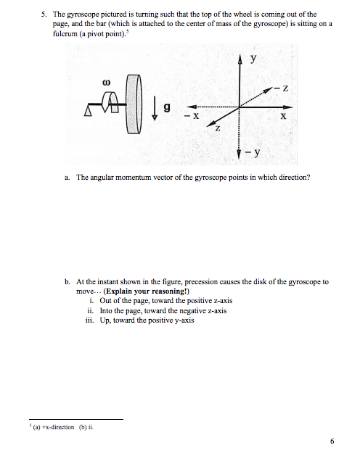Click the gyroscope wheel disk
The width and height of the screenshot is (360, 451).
click(x=131, y=110)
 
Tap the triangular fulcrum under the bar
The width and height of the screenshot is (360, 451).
click(x=91, y=110)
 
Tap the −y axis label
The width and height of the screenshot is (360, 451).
click(x=255, y=154)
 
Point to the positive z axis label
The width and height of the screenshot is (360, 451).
click(x=216, y=128)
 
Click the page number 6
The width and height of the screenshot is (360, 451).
click(x=332, y=440)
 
